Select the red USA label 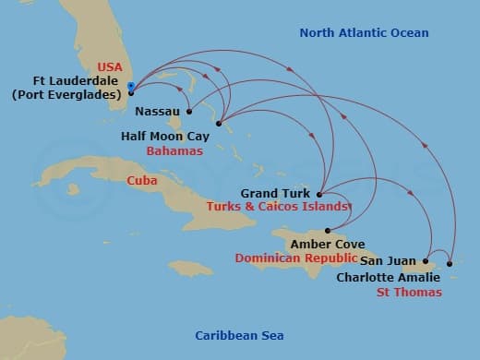coord(109,66)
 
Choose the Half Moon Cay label coord(163,135)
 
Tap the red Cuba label coord(140,181)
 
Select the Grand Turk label coord(275,194)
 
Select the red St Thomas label coord(409,293)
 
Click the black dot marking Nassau coord(188,112)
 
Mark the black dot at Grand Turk coord(318,194)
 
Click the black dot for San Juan coord(426,261)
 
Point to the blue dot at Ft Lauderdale coord(132,88)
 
